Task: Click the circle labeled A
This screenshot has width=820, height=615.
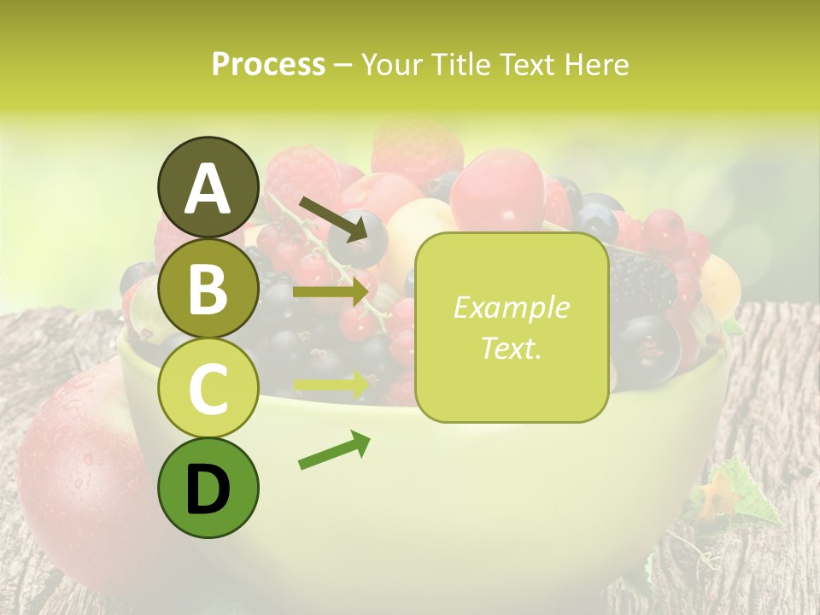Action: [x=208, y=188]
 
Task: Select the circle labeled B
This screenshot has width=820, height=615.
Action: [x=208, y=288]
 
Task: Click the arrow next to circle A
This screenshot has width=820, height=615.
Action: [x=332, y=219]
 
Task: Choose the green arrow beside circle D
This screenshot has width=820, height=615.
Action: [x=334, y=451]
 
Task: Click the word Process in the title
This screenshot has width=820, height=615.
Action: [x=268, y=65]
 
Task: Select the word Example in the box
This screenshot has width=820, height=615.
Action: [x=511, y=307]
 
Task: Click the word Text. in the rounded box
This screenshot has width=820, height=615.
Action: [x=511, y=348]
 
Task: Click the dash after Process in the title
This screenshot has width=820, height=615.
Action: [x=343, y=65]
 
